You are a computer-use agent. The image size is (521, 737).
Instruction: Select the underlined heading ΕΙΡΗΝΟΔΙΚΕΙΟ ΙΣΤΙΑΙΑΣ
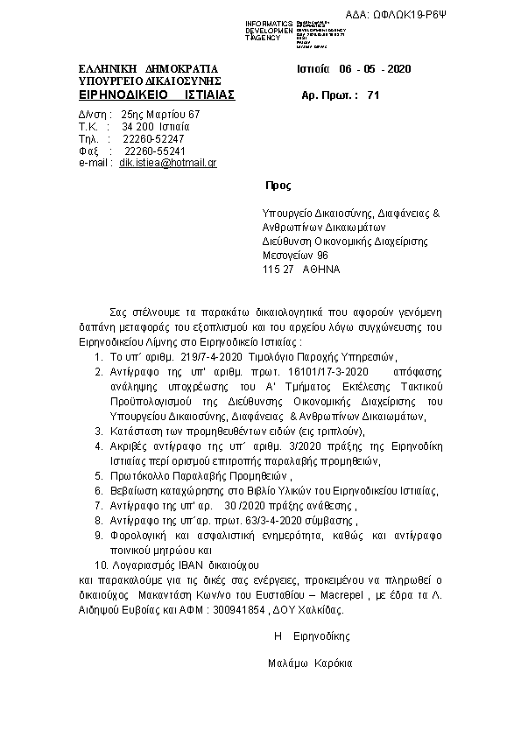[157, 94]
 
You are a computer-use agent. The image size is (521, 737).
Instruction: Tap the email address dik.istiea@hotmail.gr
[168, 163]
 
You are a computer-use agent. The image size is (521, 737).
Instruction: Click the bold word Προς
[278, 186]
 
